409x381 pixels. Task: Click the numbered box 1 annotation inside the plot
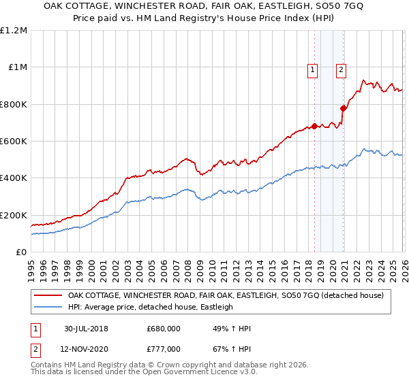(312, 68)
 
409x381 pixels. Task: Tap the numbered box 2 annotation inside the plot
(341, 68)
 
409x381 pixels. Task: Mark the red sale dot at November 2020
(343, 107)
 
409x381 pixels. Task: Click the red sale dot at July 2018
(314, 126)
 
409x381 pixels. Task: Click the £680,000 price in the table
(163, 329)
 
